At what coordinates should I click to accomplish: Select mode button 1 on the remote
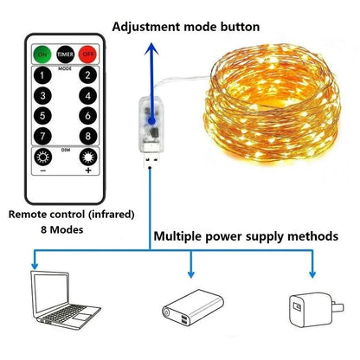click(x=43, y=75)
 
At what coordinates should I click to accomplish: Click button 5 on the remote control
click(x=43, y=116)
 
